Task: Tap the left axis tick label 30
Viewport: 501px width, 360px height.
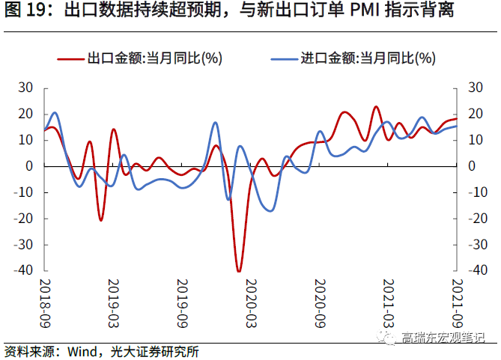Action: pos(25,88)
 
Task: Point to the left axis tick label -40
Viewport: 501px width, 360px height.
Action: pos(22,270)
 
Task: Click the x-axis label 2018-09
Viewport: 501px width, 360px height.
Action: pos(43,299)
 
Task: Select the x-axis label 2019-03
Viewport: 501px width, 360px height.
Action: pos(113,299)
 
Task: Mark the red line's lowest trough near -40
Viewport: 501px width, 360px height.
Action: pos(239,271)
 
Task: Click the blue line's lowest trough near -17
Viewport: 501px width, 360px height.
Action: pos(270,210)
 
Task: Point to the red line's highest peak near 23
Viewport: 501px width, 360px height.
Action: pos(376,107)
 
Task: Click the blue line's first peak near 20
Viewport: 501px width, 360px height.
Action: pos(55,113)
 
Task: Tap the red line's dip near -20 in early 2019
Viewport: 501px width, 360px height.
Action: pos(101,220)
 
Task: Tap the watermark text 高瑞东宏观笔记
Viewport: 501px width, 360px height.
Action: pos(443,338)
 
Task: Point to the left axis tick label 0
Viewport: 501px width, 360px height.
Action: pos(30,166)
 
